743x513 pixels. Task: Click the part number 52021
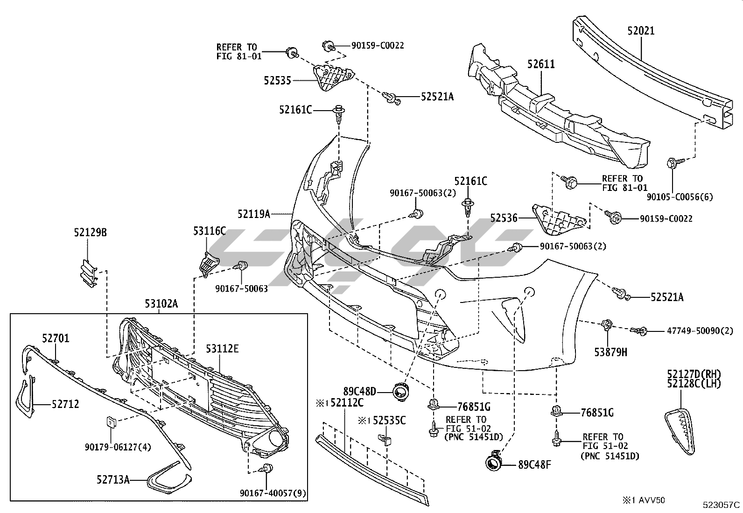coord(641,31)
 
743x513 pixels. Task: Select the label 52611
coord(541,64)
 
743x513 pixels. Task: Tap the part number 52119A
coord(253,214)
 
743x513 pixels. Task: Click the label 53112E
coord(223,348)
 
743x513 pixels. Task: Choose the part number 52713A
coord(113,479)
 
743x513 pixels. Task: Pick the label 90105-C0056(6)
coord(680,197)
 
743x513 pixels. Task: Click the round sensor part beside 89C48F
coord(493,462)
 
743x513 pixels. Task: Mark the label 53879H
coord(610,352)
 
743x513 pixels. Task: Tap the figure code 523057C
coord(722,505)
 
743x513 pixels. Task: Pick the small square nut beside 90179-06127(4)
coord(111,422)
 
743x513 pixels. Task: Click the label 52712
coord(65,404)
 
